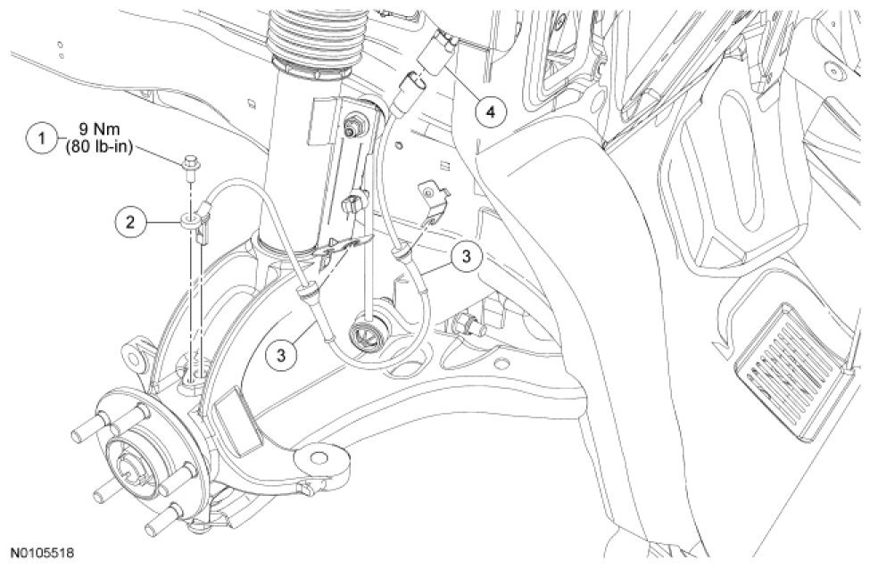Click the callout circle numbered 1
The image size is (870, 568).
[39, 139]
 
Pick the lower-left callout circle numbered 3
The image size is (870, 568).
[282, 353]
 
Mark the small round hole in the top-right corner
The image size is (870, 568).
[833, 70]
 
